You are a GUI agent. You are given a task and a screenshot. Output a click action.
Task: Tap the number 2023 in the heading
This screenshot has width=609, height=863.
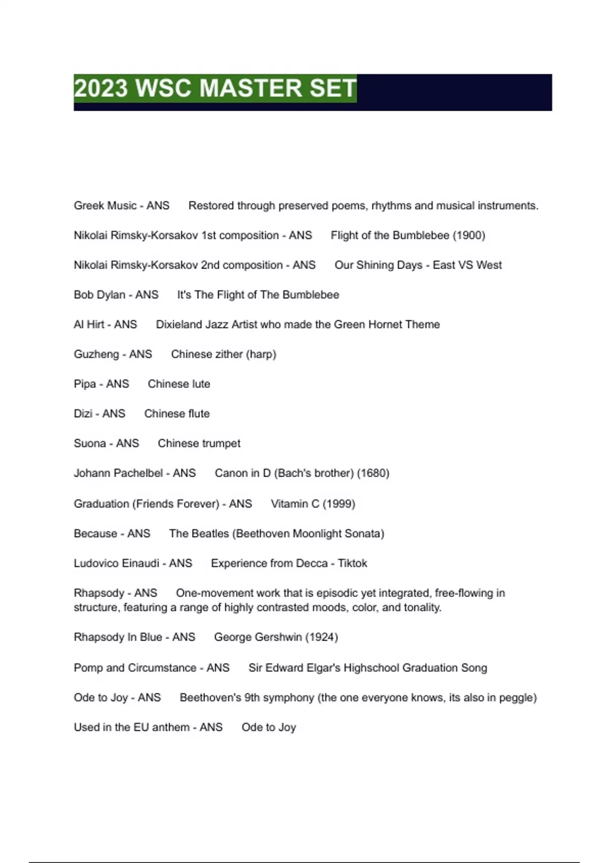click(x=101, y=88)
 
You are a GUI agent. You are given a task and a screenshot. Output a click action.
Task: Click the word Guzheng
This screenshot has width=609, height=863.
click(x=96, y=354)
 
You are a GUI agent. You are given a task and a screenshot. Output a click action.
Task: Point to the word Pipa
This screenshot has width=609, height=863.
click(x=85, y=384)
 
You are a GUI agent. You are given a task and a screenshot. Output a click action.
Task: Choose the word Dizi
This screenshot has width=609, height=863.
click(x=83, y=414)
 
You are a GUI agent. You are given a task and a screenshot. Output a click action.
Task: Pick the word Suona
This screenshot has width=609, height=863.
click(x=90, y=443)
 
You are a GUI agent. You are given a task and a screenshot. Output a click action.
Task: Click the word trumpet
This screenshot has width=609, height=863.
click(x=219, y=443)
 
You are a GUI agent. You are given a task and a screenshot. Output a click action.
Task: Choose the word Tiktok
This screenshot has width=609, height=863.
click(x=352, y=563)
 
